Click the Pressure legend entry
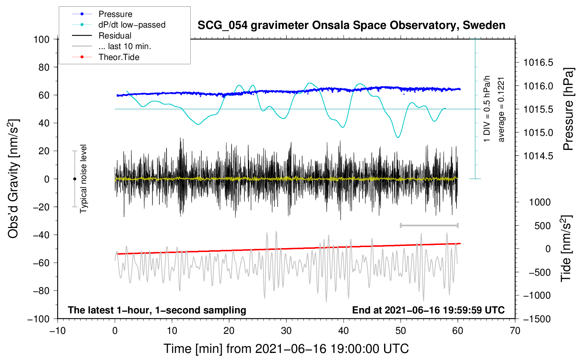tap(115, 14)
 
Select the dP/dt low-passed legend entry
tap(132, 25)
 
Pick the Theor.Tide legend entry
tap(119, 57)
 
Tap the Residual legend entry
tap(115, 36)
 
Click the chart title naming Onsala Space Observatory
tap(351, 25)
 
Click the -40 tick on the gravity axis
tap(41, 235)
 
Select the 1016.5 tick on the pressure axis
tap(538, 62)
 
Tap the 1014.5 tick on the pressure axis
tap(538, 156)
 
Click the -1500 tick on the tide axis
tap(537, 319)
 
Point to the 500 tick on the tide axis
tap(542, 226)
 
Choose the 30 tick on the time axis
tap(286, 331)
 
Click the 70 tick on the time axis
tap(515, 331)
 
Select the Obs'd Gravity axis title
tap(13, 179)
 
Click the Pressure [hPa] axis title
tap(568, 109)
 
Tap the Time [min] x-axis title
tap(286, 349)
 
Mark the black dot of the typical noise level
tap(74, 179)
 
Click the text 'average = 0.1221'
tap(501, 109)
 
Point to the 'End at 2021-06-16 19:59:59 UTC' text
tap(428, 310)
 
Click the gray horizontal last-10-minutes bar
tap(429, 225)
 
